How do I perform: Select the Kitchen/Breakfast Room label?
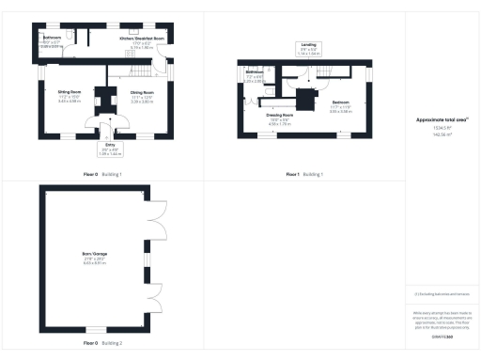pyautogui.click(x=141, y=39)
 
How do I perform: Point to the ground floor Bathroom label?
pyautogui.click(x=51, y=39)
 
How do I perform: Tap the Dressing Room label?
pyautogui.click(x=281, y=117)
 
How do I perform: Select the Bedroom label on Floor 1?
pyautogui.click(x=340, y=102)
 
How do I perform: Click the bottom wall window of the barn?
pyautogui.click(x=90, y=327)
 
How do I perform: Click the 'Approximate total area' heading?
pyautogui.click(x=442, y=120)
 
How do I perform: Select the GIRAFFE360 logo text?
pyautogui.click(x=442, y=336)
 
